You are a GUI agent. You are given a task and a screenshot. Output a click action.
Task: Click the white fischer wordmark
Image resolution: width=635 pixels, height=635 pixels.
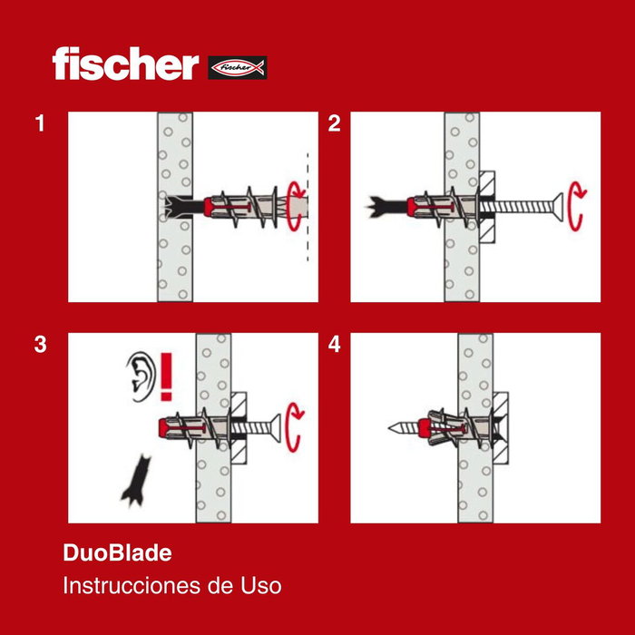pos(124,64)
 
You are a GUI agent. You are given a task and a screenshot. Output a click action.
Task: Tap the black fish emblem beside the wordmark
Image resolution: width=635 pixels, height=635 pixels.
pos(238,67)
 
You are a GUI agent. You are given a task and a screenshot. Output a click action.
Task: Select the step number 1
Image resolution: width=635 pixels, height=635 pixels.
pos(40,124)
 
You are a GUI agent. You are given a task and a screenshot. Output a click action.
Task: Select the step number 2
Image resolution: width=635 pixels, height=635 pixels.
pos(334,124)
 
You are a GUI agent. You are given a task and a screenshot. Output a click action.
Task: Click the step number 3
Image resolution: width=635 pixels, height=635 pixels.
pos(40,345)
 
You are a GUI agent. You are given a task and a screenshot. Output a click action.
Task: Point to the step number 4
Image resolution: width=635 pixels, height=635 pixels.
pos(334,345)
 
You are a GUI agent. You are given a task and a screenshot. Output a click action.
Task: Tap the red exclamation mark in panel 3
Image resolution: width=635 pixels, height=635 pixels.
pos(165,376)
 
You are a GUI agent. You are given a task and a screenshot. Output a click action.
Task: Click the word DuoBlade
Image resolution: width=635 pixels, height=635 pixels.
pos(117,552)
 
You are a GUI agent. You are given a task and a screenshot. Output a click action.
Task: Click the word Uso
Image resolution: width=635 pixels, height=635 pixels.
pos(261,585)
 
